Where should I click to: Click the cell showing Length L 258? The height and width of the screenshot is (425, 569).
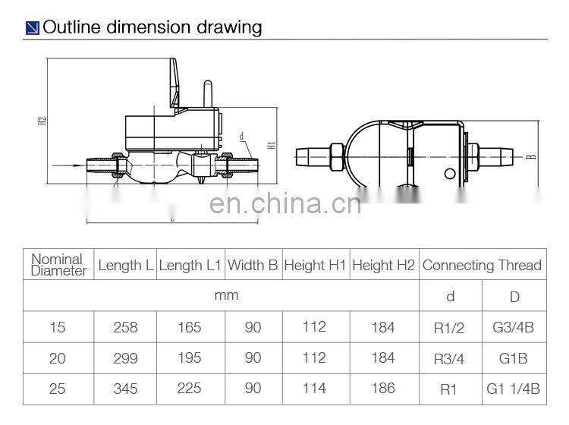click(x=125, y=327)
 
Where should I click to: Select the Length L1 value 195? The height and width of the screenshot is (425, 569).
click(x=189, y=357)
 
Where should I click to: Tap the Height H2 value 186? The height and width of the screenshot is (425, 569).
click(x=384, y=388)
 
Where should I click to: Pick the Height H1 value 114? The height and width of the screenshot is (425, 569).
click(x=314, y=388)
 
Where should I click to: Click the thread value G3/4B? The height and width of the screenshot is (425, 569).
click(x=513, y=328)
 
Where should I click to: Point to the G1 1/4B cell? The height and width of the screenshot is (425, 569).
click(x=513, y=389)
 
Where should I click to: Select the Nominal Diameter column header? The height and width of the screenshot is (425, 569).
click(x=58, y=265)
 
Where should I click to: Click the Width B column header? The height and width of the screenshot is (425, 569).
click(x=253, y=265)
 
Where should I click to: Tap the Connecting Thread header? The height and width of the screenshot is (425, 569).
click(x=482, y=265)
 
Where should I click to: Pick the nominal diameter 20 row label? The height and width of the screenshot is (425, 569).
click(x=58, y=357)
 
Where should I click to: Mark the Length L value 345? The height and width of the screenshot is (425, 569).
click(x=125, y=388)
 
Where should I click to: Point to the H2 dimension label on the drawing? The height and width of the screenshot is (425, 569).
click(x=44, y=121)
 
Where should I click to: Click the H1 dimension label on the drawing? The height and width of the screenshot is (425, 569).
click(x=271, y=143)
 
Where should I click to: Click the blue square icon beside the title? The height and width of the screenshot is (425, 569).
click(x=32, y=29)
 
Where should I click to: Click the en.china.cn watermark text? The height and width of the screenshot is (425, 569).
click(x=284, y=204)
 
